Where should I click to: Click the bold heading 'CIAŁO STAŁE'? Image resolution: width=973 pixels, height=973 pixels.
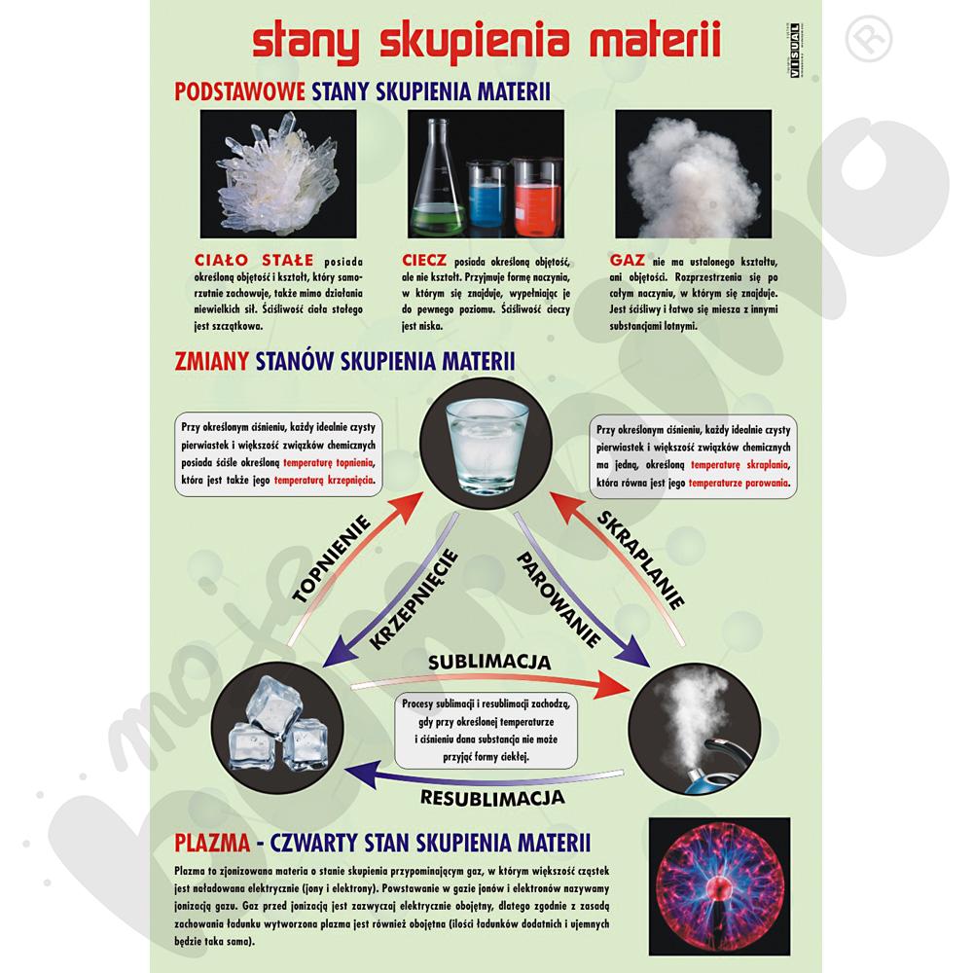[240, 260]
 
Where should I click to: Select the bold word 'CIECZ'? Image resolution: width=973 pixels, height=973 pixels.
[423, 260]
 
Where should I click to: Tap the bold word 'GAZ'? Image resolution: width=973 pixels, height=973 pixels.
[628, 260]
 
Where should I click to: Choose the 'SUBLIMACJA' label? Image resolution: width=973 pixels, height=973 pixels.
[489, 663]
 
